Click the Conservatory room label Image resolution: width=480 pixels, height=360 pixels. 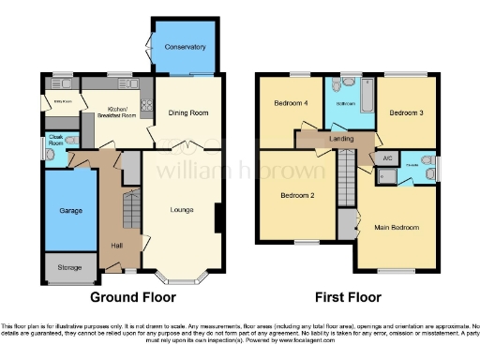click(185, 46)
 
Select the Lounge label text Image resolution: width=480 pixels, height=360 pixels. click(182, 209)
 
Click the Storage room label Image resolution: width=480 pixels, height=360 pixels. click(70, 267)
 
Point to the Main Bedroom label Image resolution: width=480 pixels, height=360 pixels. click(398, 227)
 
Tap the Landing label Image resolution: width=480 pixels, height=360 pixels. click(341, 140)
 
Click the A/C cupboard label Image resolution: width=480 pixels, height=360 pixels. click(385, 158)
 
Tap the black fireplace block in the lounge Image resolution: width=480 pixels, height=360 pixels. click(218, 217)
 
